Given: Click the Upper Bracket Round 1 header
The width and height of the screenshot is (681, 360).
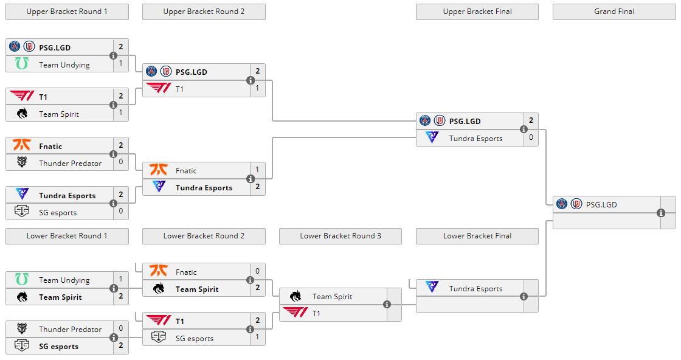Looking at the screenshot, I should [67, 12].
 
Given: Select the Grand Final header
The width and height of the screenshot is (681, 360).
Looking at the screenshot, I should [614, 12].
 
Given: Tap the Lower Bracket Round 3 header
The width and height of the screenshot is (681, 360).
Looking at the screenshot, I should [340, 236].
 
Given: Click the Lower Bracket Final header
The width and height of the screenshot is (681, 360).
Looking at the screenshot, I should [477, 236].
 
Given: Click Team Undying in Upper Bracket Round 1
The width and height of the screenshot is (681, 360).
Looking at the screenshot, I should [64, 64].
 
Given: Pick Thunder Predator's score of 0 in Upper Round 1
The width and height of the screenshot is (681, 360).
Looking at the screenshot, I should [121, 162].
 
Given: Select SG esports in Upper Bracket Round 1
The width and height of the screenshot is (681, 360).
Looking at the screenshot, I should [58, 212].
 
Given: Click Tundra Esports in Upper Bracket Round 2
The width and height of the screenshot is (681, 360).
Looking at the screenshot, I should [204, 187].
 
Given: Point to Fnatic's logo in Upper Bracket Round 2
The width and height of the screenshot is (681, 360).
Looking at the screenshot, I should [159, 170].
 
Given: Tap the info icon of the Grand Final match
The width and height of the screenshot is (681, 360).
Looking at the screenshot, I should [661, 213].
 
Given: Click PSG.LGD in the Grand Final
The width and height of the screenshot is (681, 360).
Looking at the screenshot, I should [601, 204].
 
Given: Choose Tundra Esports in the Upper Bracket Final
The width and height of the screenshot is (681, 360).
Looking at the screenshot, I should [475, 138].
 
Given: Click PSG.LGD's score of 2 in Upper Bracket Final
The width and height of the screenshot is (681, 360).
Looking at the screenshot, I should [531, 120].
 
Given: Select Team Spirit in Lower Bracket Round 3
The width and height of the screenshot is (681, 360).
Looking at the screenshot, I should [332, 296].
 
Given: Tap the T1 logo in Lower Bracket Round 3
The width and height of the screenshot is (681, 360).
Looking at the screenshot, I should [296, 313].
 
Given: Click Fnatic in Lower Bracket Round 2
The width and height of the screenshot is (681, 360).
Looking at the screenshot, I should [186, 272].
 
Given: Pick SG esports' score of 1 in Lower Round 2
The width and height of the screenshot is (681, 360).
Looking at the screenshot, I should [258, 337].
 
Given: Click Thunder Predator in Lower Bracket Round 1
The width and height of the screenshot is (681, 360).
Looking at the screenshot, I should [70, 329].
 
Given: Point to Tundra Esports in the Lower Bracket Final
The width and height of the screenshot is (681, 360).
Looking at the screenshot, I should [475, 288].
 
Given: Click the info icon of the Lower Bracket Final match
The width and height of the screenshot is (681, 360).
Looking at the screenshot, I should [524, 297].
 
